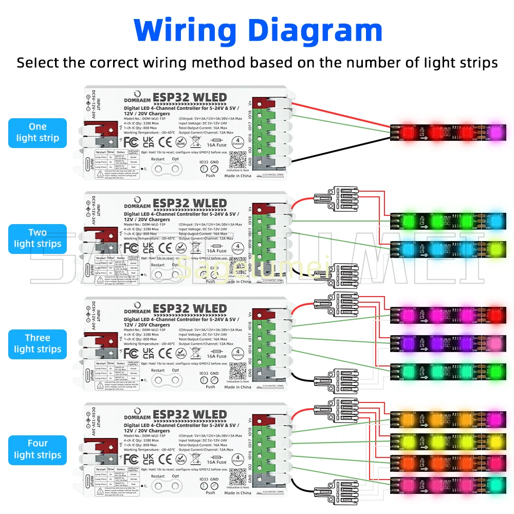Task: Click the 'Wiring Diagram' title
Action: point(259,30)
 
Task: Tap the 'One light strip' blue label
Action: point(38,132)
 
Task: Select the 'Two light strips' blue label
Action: point(38,238)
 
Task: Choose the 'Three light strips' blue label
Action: point(38,344)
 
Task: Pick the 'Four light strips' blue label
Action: point(38,449)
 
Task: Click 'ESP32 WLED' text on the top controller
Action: point(190,98)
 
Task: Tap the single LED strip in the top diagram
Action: point(445,132)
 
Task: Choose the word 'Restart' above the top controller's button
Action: point(158,159)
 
